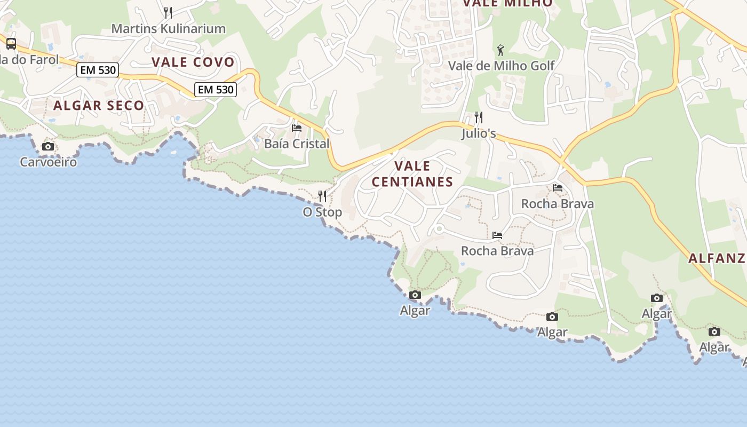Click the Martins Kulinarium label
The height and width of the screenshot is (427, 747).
point(168,29)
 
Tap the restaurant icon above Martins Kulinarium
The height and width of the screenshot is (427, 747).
point(168,13)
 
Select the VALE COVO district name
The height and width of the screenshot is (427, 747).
point(193,62)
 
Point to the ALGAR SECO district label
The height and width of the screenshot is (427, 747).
point(99,105)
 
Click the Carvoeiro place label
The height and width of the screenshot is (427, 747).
point(48,162)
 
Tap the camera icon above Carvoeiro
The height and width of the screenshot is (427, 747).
point(48,146)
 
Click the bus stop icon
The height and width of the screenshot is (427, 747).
point(11,44)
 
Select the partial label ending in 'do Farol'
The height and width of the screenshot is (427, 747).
point(29,59)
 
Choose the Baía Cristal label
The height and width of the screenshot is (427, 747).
point(297,144)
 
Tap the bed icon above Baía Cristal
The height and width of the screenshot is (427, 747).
point(297,128)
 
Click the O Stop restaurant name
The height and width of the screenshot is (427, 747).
point(322,212)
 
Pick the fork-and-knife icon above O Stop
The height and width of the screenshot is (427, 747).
point(322,196)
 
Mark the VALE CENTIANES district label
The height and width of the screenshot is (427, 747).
point(412,174)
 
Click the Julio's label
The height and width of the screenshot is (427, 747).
point(479,133)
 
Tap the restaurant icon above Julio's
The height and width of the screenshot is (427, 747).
point(479,117)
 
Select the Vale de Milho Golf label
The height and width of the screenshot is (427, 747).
point(501,66)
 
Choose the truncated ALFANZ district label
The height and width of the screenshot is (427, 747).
point(716,258)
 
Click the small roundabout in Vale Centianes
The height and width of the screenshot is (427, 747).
point(439,229)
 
